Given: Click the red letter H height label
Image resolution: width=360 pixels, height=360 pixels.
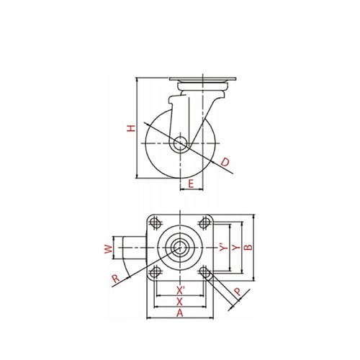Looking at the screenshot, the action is [131, 128].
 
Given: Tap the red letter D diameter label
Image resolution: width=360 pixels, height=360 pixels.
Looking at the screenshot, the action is [225, 162].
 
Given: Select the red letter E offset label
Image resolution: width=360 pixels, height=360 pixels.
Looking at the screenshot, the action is [191, 184].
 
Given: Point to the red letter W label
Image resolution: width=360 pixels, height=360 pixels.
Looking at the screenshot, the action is [109, 249].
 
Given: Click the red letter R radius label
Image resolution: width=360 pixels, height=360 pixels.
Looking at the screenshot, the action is [116, 279].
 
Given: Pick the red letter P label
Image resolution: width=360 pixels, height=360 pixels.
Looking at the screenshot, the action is [238, 292].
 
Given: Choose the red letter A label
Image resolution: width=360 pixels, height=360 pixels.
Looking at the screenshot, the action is [180, 313].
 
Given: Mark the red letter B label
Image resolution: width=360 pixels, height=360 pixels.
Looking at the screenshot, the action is [248, 248].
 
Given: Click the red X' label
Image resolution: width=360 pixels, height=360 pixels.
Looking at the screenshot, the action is [180, 291].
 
